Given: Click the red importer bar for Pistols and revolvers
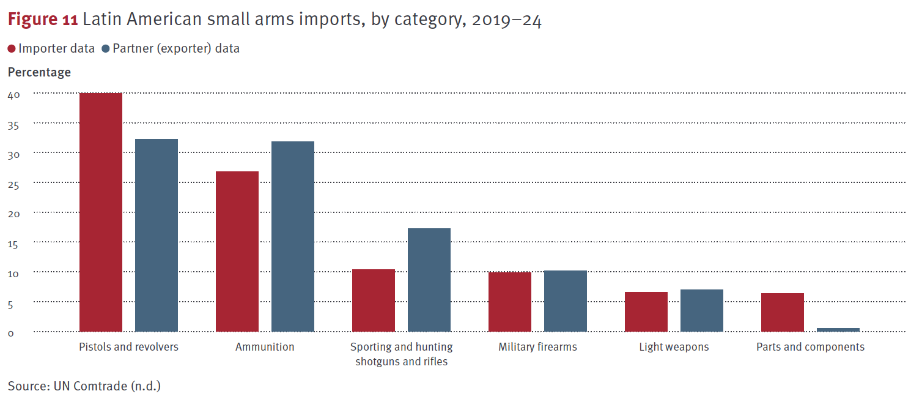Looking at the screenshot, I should (x=101, y=212).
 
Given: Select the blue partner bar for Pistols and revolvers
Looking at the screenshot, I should (x=157, y=235).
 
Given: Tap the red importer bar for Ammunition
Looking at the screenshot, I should (x=237, y=251).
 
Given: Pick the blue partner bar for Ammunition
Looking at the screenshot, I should (x=293, y=236).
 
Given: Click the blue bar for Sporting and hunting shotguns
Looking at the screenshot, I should (x=429, y=280).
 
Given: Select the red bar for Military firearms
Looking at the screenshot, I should (x=510, y=302).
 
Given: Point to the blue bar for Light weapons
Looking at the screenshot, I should (x=702, y=310).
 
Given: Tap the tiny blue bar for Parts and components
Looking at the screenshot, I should (x=838, y=329).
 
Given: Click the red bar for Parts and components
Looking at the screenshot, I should (x=783, y=312).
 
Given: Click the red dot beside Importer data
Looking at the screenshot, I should (x=12, y=49).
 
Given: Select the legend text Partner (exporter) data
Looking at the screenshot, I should (x=176, y=49).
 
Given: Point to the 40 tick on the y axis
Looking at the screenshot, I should (x=14, y=95).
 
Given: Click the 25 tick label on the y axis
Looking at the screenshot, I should (x=14, y=184).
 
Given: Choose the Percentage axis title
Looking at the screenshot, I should (x=39, y=72).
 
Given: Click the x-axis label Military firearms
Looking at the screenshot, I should (x=537, y=347).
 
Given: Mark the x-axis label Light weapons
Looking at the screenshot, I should (x=674, y=347).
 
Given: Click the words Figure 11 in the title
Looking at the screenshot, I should (x=42, y=20).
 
